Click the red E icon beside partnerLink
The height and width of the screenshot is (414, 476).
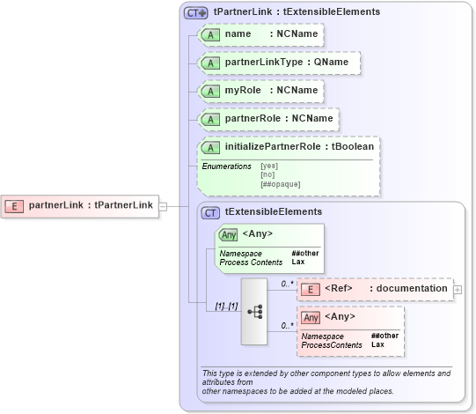pos(15,206)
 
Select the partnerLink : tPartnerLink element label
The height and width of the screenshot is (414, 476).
pos(91,206)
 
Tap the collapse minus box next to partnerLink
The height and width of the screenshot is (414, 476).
pos(163,206)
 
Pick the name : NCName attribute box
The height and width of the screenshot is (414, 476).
pos(260,34)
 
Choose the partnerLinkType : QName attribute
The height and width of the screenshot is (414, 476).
pos(279,63)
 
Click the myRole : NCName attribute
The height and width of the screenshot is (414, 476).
pos(260,91)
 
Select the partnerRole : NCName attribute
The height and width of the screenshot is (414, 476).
pos(268,119)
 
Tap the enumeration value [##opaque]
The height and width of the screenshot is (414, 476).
pos(280,183)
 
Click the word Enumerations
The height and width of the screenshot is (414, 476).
pos(226,166)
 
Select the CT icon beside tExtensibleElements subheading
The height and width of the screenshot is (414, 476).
pos(211,212)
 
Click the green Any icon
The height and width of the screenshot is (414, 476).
pos(228,234)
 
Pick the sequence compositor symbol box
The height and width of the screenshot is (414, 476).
pos(254,311)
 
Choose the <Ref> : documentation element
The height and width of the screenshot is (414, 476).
pos(374,289)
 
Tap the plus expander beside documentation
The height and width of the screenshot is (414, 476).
pos(457,289)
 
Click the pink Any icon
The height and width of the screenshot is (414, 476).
pos(310,317)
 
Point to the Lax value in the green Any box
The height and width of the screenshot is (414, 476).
pos(297,262)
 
